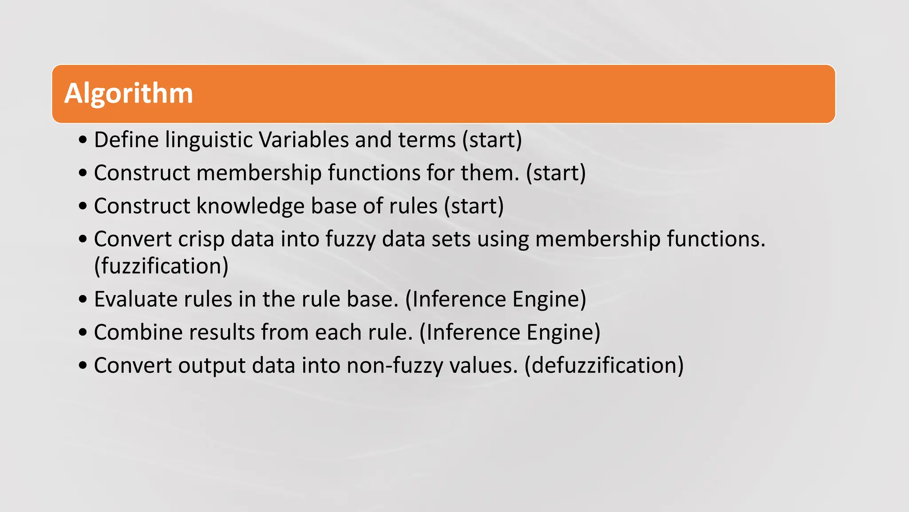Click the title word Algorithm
pyautogui.click(x=129, y=94)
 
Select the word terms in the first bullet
pyautogui.click(x=427, y=140)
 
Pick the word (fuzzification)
pyautogui.click(x=161, y=267)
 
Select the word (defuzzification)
pyautogui.click(x=604, y=366)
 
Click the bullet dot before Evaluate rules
pyautogui.click(x=83, y=300)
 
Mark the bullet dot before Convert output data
pyautogui.click(x=83, y=366)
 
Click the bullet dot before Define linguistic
pyautogui.click(x=83, y=140)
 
